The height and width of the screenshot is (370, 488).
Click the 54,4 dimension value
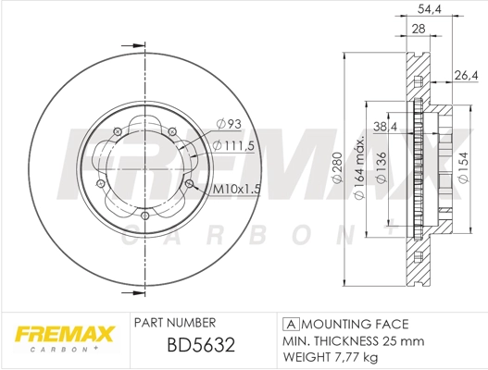(428, 8)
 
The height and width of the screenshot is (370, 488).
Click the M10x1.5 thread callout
(235, 190)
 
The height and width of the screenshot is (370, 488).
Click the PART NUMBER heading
(175, 323)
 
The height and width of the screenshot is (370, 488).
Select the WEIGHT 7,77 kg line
(331, 356)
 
